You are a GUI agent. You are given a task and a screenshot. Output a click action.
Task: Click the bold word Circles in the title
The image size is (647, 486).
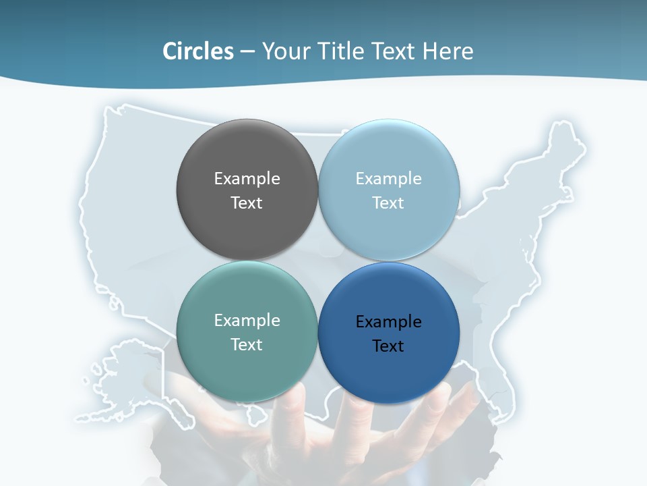click(197, 51)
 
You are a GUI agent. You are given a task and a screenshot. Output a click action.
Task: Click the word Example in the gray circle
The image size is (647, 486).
click(247, 179)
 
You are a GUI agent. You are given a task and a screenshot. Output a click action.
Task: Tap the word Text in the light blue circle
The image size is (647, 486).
click(388, 203)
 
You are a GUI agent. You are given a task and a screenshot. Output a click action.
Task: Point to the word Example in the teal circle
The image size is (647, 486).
click(247, 321)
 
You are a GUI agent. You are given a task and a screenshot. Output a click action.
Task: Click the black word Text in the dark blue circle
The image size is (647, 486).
click(388, 346)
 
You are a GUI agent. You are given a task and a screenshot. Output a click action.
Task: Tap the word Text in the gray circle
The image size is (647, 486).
click(247, 203)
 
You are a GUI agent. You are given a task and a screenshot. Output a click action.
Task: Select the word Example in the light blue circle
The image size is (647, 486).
click(388, 179)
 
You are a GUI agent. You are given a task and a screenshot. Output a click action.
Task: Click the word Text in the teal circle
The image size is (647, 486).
click(247, 345)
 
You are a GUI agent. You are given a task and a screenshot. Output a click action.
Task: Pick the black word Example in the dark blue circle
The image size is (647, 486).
click(388, 322)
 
